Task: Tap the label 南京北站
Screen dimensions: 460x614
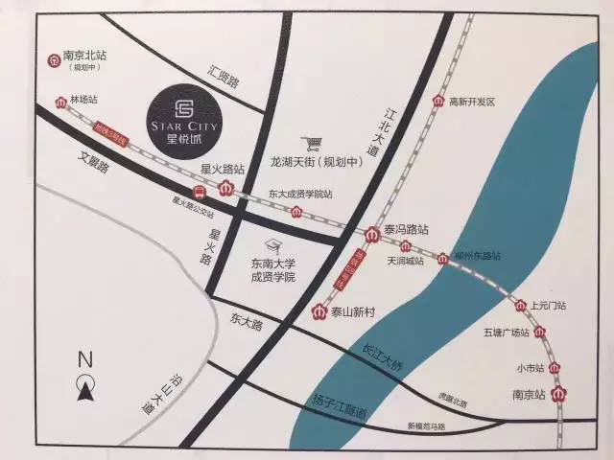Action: coord(83,56)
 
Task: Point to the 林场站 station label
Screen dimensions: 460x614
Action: coord(83,99)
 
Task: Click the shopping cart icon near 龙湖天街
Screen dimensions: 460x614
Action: coord(310,144)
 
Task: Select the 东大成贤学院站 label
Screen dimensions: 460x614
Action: coord(300,194)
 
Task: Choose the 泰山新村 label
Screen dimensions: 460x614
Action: coord(355,311)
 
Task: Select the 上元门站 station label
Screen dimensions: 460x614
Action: coord(548,306)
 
